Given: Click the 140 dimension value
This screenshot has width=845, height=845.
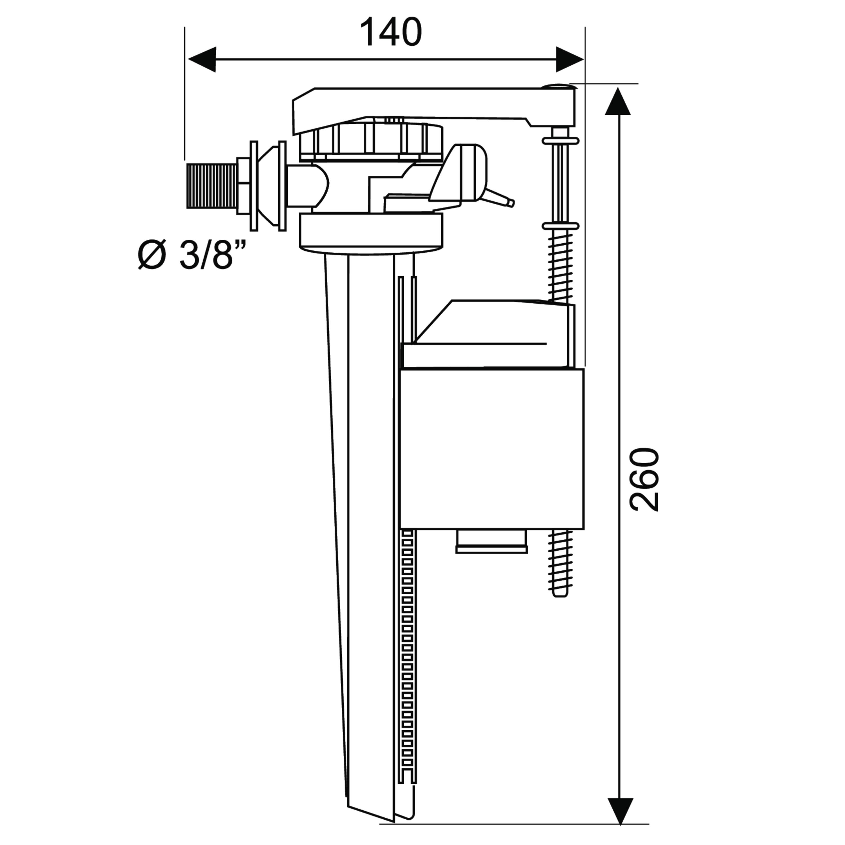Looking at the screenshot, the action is [x=391, y=32].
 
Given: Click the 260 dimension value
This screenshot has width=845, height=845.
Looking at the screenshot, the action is [x=644, y=480].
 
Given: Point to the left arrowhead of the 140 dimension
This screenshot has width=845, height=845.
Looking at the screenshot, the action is [x=202, y=59].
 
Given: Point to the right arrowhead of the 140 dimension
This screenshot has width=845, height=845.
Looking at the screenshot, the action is [x=570, y=59].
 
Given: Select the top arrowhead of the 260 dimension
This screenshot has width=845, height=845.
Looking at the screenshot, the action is [x=618, y=101].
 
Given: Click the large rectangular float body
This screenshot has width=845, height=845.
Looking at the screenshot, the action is [x=492, y=449].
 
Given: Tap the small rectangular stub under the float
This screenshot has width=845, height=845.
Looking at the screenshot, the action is [x=492, y=542].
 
